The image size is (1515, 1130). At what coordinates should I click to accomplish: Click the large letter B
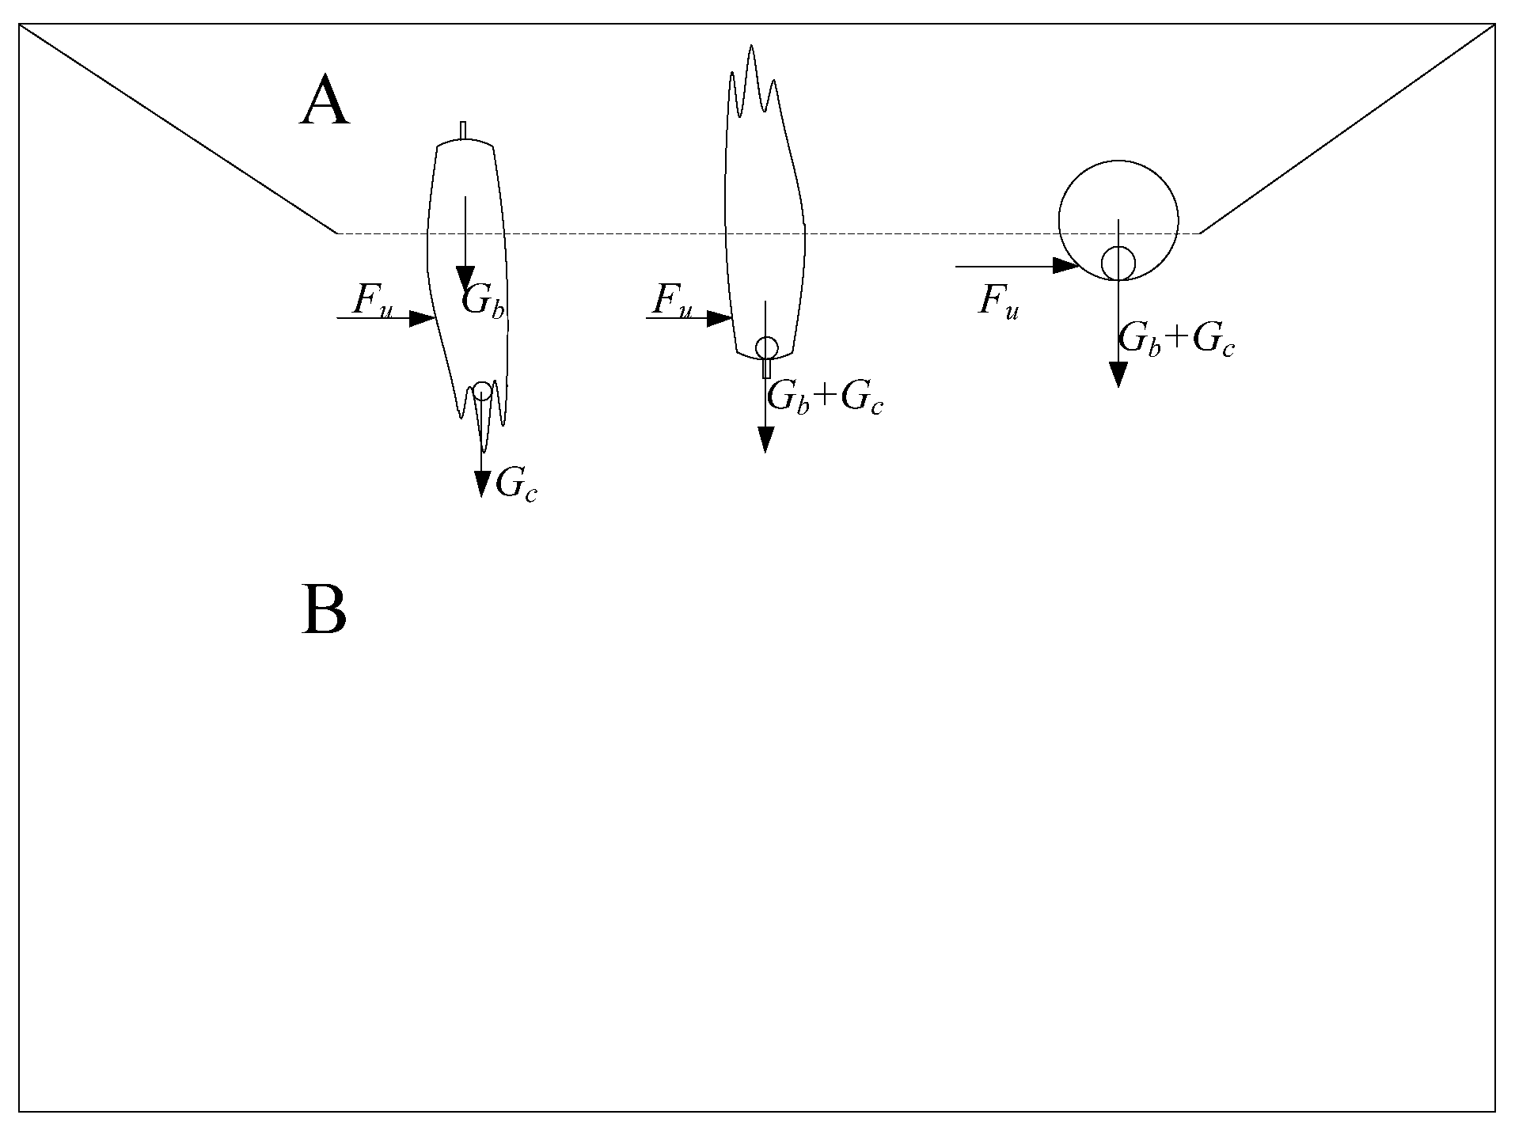[x=324, y=609]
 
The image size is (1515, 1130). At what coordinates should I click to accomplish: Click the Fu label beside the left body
[x=372, y=301]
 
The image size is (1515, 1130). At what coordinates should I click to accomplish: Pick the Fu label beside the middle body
[x=672, y=301]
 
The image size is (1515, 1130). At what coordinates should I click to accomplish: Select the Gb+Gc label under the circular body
[x=1176, y=341]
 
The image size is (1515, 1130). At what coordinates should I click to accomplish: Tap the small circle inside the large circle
[x=1118, y=263]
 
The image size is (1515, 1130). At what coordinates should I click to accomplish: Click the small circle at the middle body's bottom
[x=766, y=347]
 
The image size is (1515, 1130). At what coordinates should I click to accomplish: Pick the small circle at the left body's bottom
[x=482, y=391]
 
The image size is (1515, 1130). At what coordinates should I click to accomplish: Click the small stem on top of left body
[x=463, y=130]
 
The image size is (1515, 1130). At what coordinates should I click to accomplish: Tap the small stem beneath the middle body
[x=766, y=369]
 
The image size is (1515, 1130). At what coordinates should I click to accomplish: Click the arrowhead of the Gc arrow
[x=481, y=483]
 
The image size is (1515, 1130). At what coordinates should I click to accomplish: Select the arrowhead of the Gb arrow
[x=465, y=279]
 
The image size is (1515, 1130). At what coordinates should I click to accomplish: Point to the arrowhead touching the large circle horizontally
[x=1065, y=267]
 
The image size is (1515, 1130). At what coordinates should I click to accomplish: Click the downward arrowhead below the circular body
[x=1118, y=374]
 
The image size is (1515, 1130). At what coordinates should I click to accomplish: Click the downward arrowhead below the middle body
[x=765, y=439]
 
